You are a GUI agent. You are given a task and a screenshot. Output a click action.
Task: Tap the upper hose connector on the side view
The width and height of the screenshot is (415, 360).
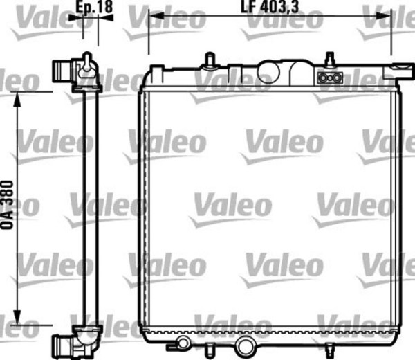pos(65,70)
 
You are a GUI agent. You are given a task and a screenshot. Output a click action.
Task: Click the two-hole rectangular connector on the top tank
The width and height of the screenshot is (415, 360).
pos(328,78)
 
